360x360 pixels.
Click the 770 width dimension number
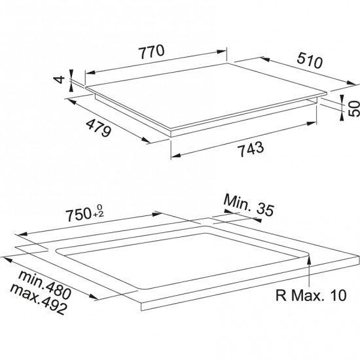152,52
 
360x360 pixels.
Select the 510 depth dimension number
310,61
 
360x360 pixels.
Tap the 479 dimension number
99,128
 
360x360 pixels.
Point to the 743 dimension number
251,149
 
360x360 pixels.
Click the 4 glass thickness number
59,80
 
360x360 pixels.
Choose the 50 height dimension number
354,109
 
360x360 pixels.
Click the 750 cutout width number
79,215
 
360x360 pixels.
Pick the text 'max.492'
39,300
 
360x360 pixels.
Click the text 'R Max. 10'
311,295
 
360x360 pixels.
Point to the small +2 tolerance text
100,215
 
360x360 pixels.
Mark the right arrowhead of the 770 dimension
222,52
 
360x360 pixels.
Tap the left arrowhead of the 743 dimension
176,156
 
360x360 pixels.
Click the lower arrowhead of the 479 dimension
145,139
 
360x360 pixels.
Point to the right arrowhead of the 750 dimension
158,214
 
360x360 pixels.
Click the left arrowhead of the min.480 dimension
7,260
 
